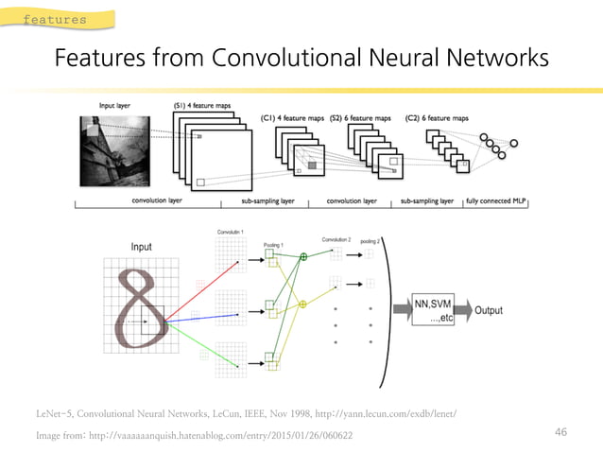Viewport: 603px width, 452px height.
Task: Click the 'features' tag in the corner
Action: click(x=54, y=19)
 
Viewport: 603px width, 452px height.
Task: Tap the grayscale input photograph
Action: click(x=117, y=151)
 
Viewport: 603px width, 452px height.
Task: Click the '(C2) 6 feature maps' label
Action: click(x=437, y=118)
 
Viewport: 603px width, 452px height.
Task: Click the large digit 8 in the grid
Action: click(x=137, y=307)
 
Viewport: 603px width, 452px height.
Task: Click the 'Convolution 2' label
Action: click(x=336, y=239)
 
